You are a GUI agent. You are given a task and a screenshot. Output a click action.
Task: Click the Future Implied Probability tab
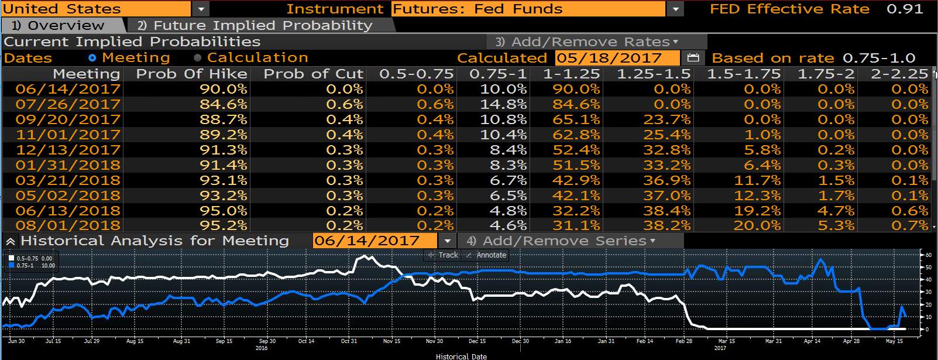coord(260,25)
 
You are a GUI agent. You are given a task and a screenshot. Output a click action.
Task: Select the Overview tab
coord(63,25)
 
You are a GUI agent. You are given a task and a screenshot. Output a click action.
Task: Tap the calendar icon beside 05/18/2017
coord(693,57)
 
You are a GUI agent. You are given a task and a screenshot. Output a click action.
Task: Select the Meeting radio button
coord(92,58)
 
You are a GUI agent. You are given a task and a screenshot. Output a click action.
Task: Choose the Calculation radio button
coord(198,58)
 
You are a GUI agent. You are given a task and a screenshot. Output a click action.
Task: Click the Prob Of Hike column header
coord(192,74)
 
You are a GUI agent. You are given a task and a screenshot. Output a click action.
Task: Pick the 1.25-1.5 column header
coord(654,74)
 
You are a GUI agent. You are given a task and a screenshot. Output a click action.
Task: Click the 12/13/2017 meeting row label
coord(68,150)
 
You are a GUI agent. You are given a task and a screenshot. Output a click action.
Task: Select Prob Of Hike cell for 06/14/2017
coord(223,89)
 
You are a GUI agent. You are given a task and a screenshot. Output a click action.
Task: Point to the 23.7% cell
coord(666,119)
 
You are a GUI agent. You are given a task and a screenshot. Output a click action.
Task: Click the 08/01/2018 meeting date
coord(68,225)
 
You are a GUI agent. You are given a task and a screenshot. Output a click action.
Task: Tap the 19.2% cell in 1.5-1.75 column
coord(757,210)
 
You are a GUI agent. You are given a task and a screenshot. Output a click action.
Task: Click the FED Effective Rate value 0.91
coord(905,9)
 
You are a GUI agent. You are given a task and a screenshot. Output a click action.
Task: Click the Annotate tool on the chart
coord(486,255)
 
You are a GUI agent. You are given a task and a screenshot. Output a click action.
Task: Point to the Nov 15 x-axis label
coord(391,341)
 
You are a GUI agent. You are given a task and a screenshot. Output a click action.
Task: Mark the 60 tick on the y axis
coord(929,255)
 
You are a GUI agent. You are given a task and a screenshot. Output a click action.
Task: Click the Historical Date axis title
coord(461,356)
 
